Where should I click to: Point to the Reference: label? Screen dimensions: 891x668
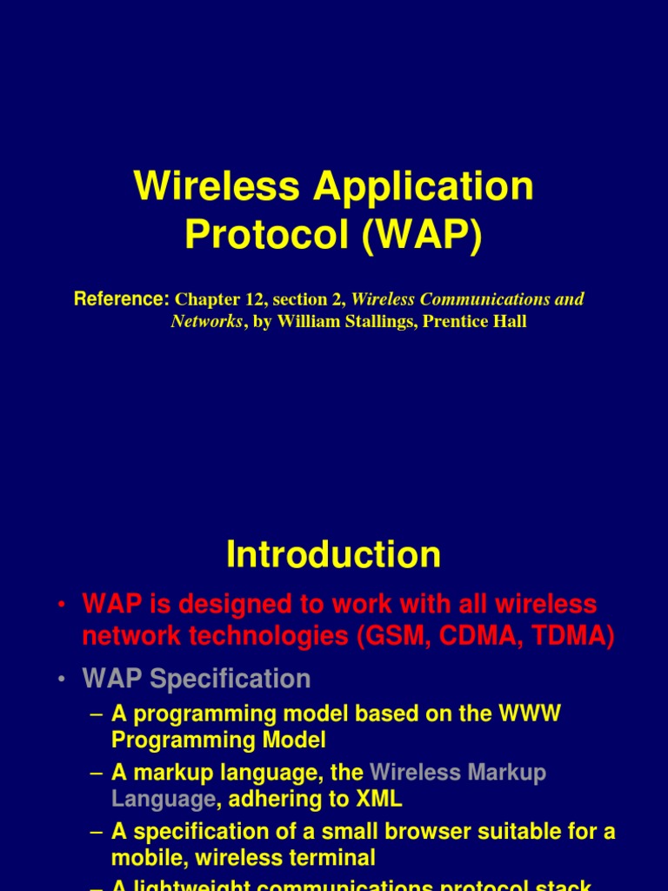tap(121, 299)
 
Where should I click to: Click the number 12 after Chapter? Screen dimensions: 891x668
tap(255, 300)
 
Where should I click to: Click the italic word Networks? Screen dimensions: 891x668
tap(206, 322)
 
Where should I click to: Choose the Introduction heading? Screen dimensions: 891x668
tap(333, 554)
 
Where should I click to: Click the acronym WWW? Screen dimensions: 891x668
tap(529, 714)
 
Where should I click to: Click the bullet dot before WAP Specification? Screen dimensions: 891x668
tap(63, 680)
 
